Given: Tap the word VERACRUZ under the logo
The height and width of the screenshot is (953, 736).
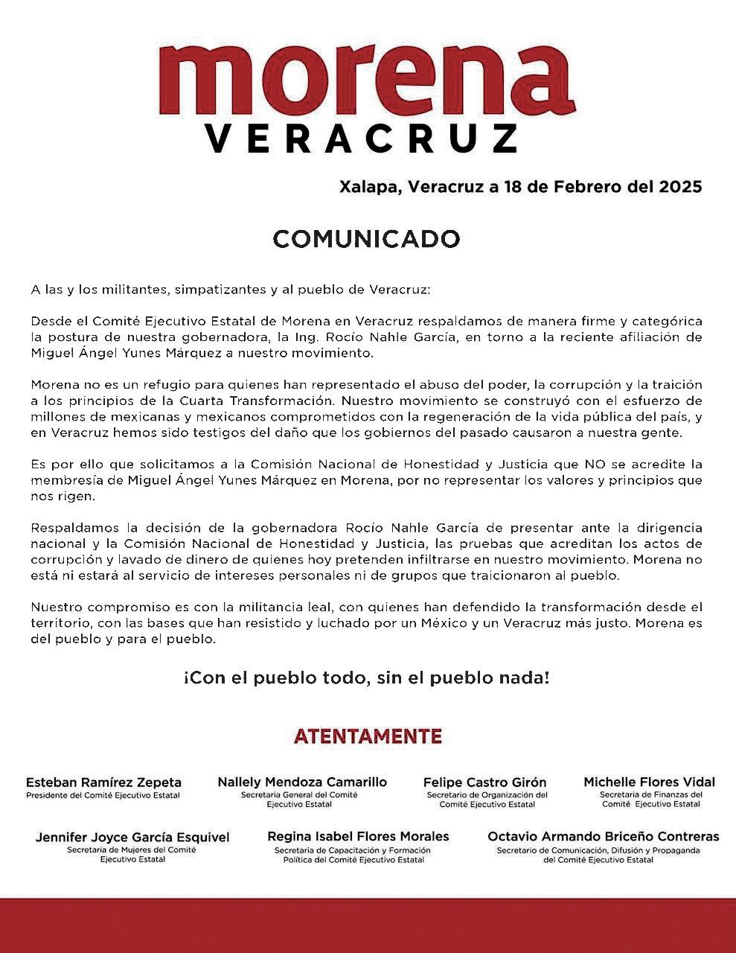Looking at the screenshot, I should coord(361,138).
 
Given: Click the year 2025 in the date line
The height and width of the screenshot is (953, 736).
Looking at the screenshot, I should coord(679,186).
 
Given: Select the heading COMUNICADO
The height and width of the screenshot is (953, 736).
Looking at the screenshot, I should coord(367,239).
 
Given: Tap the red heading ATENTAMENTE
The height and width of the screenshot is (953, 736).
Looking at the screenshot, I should coord(368,736).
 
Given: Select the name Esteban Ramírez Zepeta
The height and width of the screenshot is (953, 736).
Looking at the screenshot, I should coord(103,783).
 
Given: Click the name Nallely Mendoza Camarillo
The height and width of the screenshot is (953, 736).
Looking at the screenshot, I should coord(302,782).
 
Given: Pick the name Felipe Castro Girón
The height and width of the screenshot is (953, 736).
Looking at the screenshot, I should coord(484,783).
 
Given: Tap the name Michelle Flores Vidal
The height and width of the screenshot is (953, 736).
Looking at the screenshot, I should coord(649,782).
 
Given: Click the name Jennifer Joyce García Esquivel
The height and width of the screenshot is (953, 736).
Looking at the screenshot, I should coord(132,837).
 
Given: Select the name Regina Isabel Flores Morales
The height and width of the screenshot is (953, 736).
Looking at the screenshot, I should coord(358,836).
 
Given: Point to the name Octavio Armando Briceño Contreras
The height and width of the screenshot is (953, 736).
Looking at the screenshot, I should coord(603,836).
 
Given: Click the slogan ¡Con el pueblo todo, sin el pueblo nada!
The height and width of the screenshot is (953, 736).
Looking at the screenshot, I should coord(367,678).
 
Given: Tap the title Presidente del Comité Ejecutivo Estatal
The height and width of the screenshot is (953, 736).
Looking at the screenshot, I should coord(103,795).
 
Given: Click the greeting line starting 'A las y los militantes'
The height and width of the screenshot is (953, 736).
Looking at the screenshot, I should coord(231,289).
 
